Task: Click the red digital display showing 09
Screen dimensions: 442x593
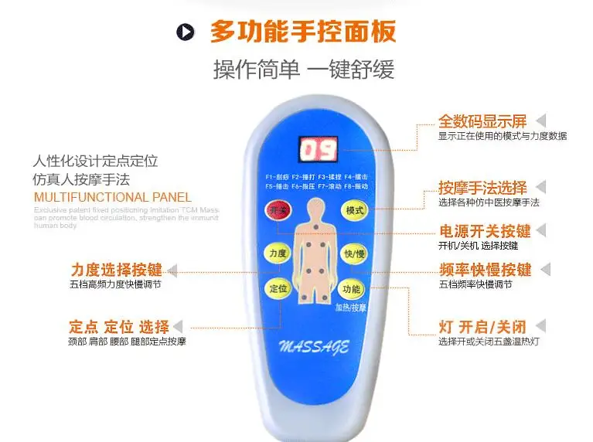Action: [x=315, y=151]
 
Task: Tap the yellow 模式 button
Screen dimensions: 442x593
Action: [x=354, y=210]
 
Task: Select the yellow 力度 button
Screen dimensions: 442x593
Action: [x=277, y=253]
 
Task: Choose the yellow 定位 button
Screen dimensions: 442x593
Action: [x=278, y=288]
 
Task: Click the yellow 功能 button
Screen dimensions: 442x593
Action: [x=353, y=288]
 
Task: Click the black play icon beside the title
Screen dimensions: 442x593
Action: [x=186, y=32]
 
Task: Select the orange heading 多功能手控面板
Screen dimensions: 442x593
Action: [x=303, y=32]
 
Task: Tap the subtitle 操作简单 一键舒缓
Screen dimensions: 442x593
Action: [x=303, y=70]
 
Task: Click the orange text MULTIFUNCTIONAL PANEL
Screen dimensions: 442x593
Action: [x=112, y=197]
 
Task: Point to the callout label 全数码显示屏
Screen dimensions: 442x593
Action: [x=482, y=121]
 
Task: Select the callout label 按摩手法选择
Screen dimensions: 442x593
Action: [x=482, y=188]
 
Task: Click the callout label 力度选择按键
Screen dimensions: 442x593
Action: [x=116, y=270]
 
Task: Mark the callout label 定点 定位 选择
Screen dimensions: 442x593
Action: [x=118, y=326]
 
